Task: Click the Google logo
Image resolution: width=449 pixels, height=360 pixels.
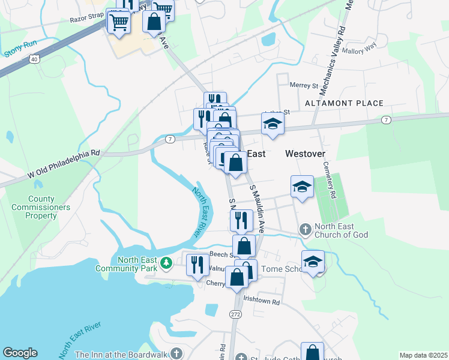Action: pos(20,353)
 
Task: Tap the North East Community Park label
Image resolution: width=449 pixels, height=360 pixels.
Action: pos(129,264)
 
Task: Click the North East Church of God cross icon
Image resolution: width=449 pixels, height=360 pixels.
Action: pos(305,230)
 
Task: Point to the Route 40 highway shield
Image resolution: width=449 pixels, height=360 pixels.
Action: pos(34,59)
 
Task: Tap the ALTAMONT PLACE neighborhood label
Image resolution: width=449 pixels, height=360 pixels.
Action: pos(343,103)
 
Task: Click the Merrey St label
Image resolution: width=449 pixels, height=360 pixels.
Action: pos(303,85)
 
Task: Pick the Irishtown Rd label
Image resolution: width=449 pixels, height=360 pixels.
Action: pos(262,302)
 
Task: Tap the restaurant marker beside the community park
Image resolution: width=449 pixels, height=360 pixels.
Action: pos(198,265)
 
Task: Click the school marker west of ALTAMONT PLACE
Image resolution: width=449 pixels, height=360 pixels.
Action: pos(273,124)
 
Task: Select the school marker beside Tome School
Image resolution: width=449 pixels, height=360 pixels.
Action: pos(313,261)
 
